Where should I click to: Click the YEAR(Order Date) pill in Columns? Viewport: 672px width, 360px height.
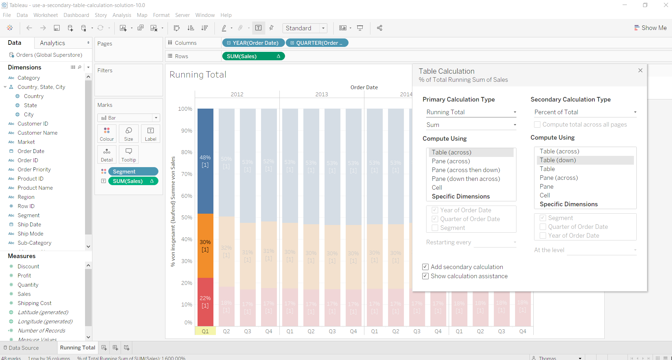click(253, 43)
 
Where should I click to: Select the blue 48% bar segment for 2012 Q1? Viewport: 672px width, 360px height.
click(205, 161)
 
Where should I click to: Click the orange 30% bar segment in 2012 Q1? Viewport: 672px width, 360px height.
click(205, 245)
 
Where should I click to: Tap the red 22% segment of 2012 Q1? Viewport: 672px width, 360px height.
click(205, 302)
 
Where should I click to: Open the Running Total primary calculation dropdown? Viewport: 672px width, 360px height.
click(471, 112)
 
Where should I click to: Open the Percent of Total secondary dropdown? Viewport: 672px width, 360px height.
click(585, 112)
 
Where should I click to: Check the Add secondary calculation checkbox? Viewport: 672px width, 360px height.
click(425, 267)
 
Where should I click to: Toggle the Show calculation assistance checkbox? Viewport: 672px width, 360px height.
click(425, 276)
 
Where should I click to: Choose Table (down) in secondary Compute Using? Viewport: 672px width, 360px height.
click(558, 160)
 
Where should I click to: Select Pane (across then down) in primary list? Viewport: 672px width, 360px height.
click(466, 170)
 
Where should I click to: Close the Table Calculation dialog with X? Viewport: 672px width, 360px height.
click(640, 71)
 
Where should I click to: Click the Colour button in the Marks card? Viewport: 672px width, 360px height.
click(107, 134)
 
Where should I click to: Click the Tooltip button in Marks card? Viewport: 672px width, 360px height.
click(128, 154)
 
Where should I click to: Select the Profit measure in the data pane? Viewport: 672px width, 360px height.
click(24, 276)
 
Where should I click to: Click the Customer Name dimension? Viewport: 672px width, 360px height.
click(37, 133)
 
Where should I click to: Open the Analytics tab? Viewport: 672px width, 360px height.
click(53, 43)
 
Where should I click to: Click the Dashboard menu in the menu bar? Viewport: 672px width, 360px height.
click(76, 15)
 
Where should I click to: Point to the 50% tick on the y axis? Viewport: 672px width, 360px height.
click(187, 218)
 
